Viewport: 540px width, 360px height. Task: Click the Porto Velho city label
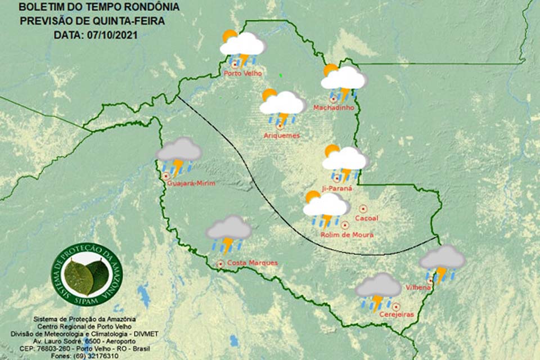coord(240,73)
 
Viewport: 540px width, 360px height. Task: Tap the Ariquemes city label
coord(281,136)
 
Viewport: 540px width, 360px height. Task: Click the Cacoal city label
coord(367,218)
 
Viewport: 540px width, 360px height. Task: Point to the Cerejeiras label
coord(397,314)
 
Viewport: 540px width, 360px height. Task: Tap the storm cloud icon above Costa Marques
coord(228,233)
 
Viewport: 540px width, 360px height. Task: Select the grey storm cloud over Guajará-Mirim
coord(178,155)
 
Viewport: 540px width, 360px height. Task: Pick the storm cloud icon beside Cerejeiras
coord(378,291)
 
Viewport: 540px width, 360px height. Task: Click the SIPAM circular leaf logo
coord(87,273)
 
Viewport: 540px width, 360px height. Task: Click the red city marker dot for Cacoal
coord(363,208)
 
